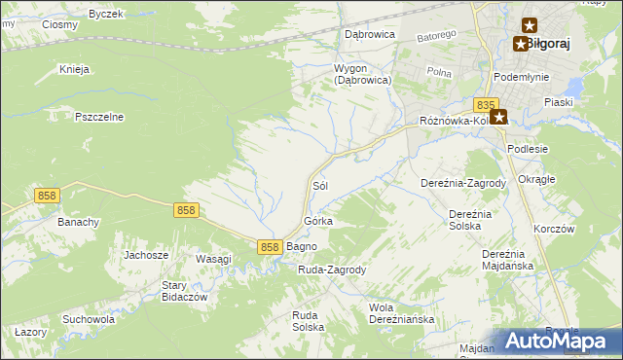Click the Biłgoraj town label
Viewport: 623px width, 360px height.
(549, 44)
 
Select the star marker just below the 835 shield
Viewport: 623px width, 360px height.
(498, 118)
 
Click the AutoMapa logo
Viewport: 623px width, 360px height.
(556, 341)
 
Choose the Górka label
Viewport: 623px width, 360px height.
(318, 222)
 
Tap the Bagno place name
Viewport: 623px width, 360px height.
(302, 247)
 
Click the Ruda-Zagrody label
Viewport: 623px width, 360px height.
(331, 270)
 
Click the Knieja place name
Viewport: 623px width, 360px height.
(74, 69)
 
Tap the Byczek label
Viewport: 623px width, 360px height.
(105, 14)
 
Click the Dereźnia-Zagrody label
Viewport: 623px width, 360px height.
(463, 183)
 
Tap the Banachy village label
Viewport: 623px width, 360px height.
(78, 222)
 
